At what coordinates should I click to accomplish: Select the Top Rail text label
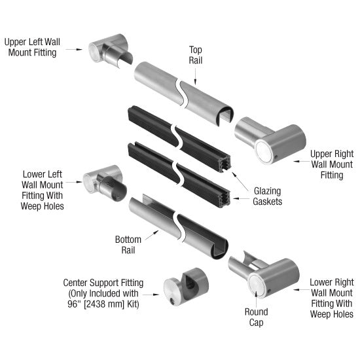click(196, 54)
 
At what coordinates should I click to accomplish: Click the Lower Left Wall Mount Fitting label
click(43, 190)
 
